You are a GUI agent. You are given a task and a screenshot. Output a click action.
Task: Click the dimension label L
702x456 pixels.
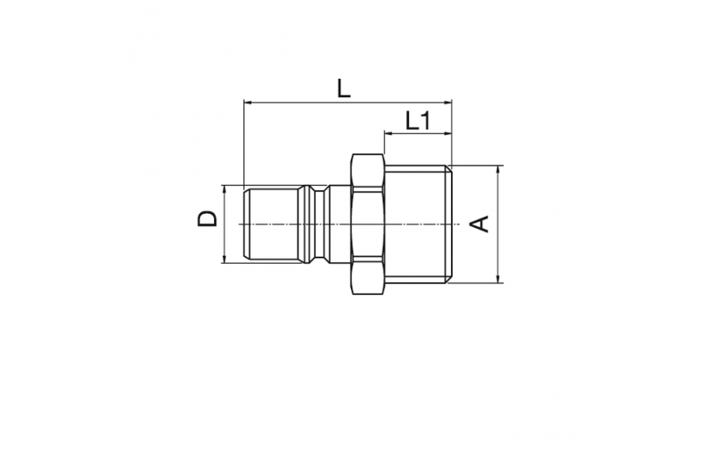point(344,89)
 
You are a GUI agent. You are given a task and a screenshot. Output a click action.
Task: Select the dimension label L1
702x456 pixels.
point(418,120)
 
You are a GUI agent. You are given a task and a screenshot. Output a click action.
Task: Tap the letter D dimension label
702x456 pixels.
point(207,219)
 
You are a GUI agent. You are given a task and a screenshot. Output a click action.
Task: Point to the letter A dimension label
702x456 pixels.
point(479,224)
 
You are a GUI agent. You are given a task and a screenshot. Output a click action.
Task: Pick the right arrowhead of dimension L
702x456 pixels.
point(447,103)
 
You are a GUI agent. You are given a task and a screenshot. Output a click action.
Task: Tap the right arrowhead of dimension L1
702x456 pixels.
point(447,133)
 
